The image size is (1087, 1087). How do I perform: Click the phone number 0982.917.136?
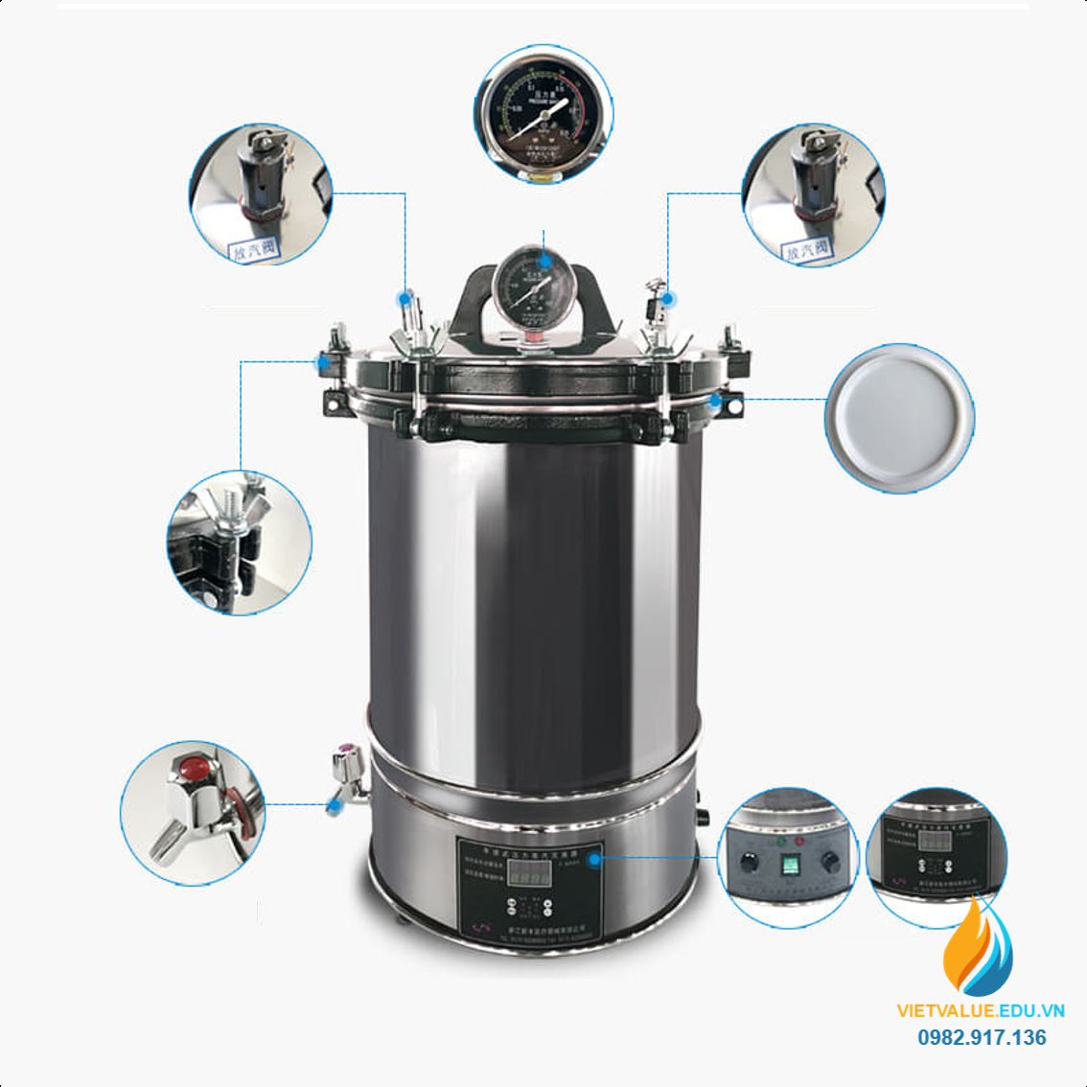[983, 1037]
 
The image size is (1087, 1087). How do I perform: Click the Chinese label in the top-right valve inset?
[807, 250]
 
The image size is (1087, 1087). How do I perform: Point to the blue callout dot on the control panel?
[594, 859]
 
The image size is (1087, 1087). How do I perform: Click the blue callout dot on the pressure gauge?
[543, 258]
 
